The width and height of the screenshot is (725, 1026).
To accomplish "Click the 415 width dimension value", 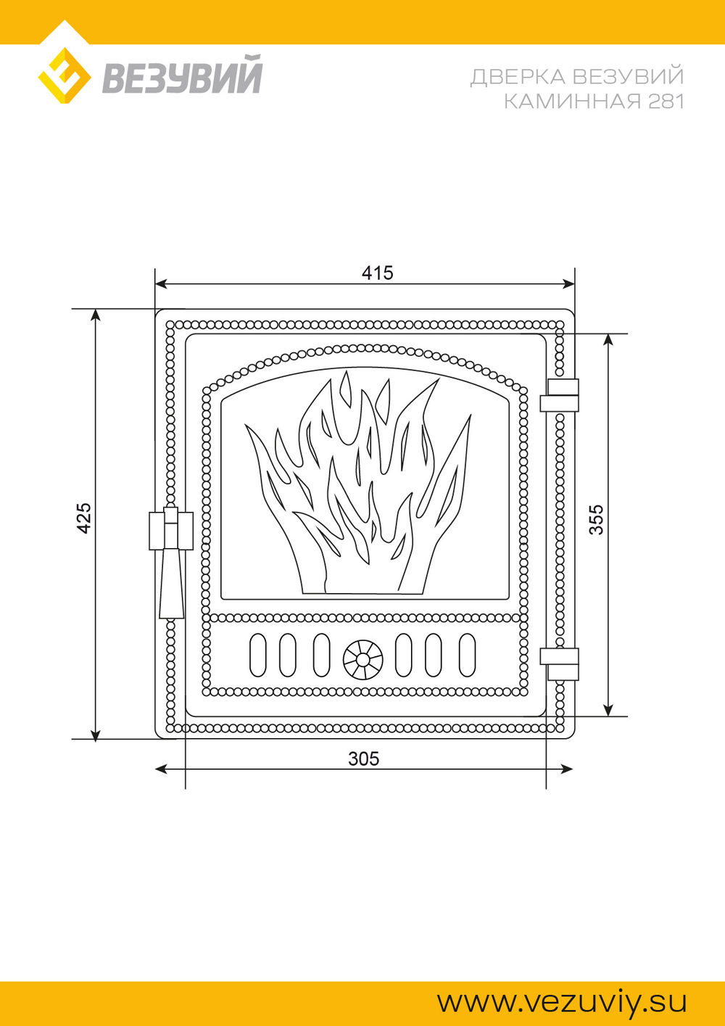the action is click(378, 273).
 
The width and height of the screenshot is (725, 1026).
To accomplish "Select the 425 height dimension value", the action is click(84, 518).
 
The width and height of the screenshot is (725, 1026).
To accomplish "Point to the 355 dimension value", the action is click(596, 519).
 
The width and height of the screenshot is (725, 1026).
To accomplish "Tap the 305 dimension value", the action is click(364, 759).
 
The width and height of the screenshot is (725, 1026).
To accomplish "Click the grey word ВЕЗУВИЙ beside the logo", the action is click(182, 74).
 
